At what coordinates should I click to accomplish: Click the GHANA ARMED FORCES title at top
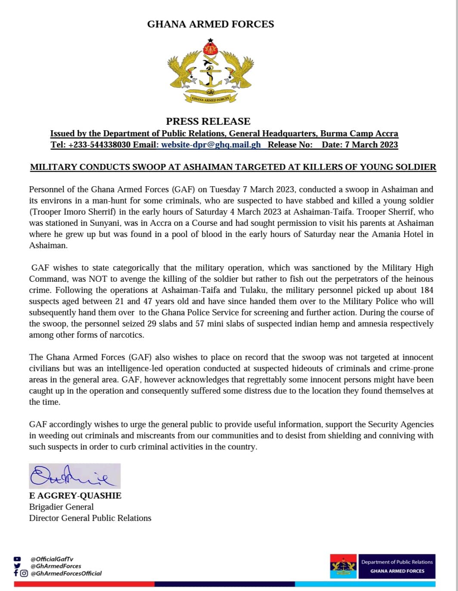coord(210,24)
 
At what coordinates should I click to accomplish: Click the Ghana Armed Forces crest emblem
coord(210,71)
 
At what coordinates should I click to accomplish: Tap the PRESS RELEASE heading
coord(208,121)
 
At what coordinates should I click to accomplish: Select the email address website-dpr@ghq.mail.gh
coord(211,145)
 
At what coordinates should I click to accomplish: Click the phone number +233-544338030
coord(99,145)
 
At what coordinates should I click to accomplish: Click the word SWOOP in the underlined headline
coord(148,167)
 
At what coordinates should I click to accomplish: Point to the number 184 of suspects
coord(426,290)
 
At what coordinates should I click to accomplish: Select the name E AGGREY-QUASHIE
coord(75,496)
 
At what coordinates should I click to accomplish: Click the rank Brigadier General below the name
coord(61,507)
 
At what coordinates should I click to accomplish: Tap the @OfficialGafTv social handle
coord(52,559)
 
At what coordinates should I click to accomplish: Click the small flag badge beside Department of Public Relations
coord(343,566)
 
